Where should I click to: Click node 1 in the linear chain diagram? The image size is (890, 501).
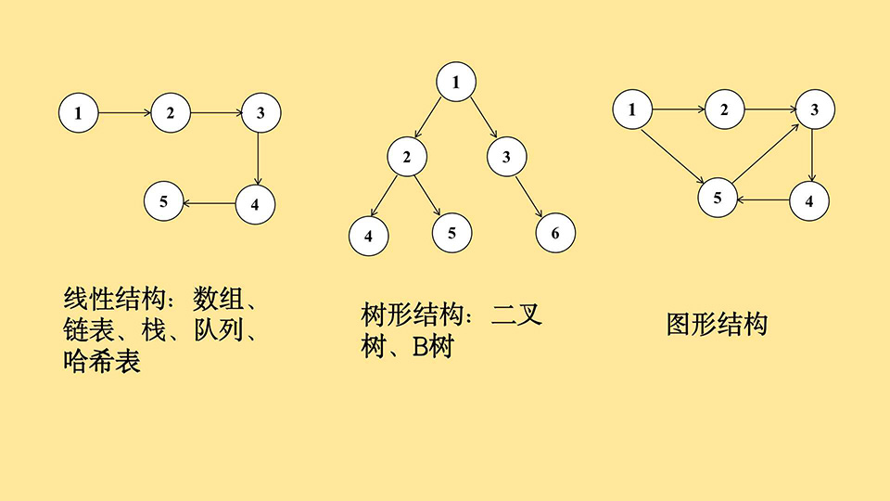[78, 113]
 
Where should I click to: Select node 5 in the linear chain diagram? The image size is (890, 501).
[164, 202]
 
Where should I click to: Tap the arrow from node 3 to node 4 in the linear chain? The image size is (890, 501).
[258, 158]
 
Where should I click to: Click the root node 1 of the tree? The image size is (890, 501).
[456, 83]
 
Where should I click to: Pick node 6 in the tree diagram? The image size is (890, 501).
[555, 232]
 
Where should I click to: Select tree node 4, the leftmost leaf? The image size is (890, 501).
[369, 235]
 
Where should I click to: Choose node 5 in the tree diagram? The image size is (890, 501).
[452, 232]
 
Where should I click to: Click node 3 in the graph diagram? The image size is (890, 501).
[815, 110]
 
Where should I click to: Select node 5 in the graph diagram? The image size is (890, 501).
[718, 198]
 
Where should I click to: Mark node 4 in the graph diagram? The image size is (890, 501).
[809, 200]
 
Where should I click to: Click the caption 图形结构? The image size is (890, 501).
[718, 325]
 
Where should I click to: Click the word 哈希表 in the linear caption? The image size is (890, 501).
[102, 361]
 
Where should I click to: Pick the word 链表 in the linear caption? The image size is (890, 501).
[89, 330]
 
